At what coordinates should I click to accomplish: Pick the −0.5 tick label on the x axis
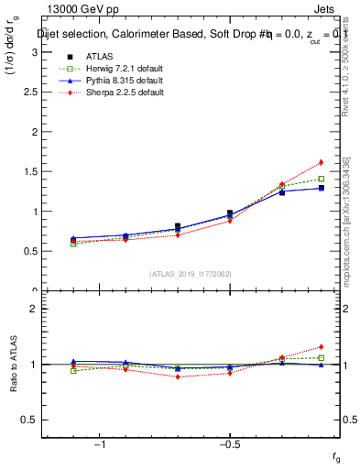pyautogui.click(x=228, y=444)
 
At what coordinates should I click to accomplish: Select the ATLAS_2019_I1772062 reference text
pyautogui.click(x=191, y=274)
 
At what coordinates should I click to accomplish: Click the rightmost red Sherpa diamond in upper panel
pyautogui.click(x=321, y=162)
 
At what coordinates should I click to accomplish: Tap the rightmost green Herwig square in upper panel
pyautogui.click(x=321, y=179)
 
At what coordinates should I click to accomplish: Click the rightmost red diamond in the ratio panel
pyautogui.click(x=321, y=347)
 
